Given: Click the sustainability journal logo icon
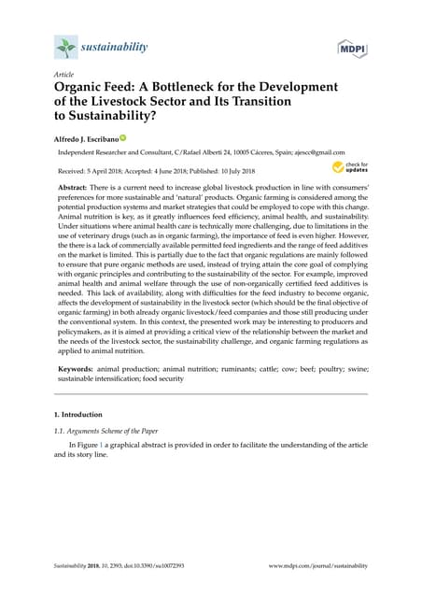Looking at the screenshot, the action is click(64, 47).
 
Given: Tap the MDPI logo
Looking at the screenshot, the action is click(351, 47).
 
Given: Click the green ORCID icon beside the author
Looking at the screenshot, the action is click(121, 138).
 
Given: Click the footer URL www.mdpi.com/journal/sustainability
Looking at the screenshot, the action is click(317, 566).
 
